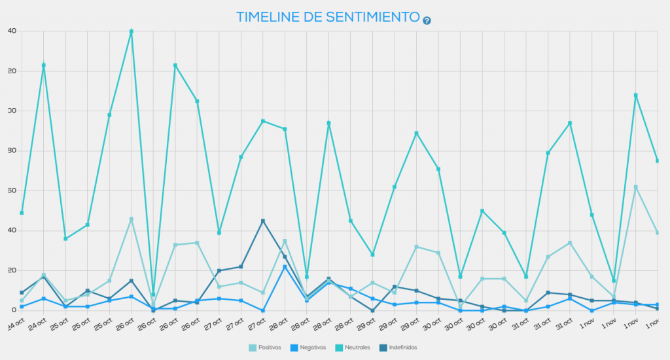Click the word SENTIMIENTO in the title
pos(368,17)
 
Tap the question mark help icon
pos(427,20)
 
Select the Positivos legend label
pos(270,347)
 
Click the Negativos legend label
pos(311,347)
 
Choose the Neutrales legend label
pos(357,347)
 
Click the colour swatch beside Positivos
pos(253,347)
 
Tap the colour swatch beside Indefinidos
pos(382,347)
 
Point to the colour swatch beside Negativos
pos(294,347)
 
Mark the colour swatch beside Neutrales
pos(338,347)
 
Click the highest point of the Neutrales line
pos(132,31)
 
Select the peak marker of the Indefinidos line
pos(263,221)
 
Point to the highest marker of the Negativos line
pos(285,266)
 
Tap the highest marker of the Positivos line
pos(635,187)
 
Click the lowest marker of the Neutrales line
pos(153,295)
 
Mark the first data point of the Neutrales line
pos(22,213)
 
